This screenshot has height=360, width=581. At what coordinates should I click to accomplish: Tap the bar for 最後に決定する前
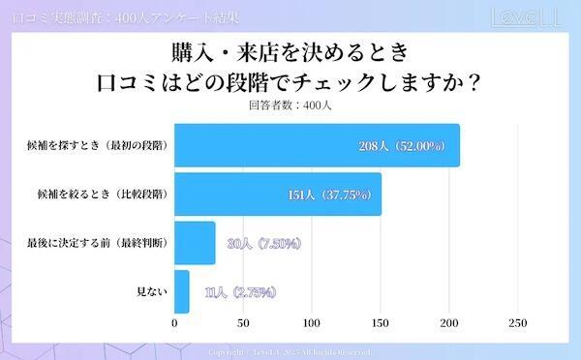(195, 243)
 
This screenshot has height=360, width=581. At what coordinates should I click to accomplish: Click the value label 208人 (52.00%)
(401, 146)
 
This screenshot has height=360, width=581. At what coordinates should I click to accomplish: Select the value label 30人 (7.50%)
(262, 243)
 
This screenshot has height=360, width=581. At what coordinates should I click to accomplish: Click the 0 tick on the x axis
(174, 323)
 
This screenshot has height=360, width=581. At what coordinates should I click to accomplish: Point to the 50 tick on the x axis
(243, 323)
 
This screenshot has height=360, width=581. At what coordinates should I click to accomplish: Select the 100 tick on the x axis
(312, 323)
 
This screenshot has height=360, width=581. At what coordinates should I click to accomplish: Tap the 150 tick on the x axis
(381, 323)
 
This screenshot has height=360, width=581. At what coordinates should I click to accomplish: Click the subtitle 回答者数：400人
(290, 106)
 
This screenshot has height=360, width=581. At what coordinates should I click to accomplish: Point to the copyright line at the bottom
(290, 352)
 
